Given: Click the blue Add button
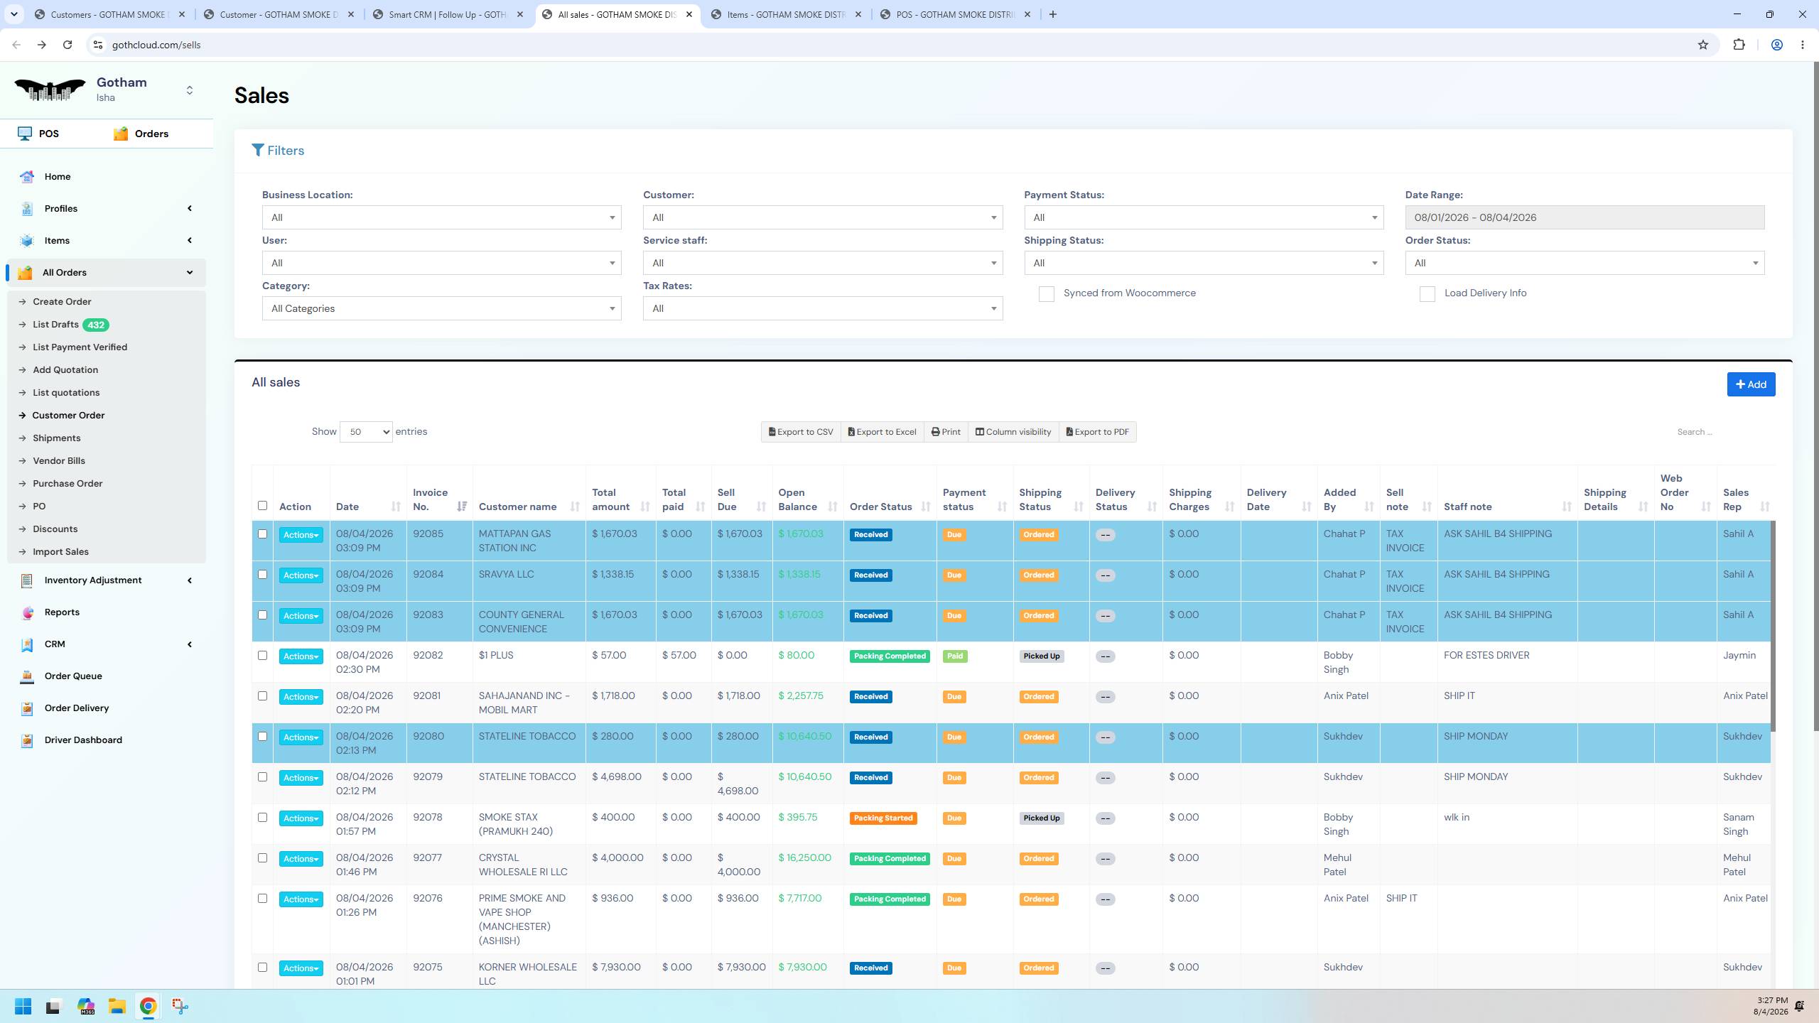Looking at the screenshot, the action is coord(1751,384).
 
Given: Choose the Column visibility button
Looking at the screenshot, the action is coord(1013,432).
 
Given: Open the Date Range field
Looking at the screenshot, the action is coord(1584,217).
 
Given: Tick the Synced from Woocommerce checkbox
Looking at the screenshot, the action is coord(1046,294).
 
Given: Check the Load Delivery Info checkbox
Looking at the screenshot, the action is coord(1427,294).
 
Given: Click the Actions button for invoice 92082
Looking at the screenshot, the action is coord(301,656).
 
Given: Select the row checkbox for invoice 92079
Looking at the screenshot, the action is coord(262,777).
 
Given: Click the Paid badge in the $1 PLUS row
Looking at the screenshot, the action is coord(954,656).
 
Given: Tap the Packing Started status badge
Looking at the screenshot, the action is coord(882,818).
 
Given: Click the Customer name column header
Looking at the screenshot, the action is coord(517,507).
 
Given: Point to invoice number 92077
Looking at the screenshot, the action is coord(428,857).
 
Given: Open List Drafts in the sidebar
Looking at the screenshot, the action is coord(55,325).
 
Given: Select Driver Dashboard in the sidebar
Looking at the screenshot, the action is coord(83,740).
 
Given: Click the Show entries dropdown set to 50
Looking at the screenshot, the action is coord(366,432).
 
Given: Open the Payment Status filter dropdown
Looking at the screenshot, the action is coord(1204,217).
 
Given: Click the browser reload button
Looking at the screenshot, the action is coord(68,45).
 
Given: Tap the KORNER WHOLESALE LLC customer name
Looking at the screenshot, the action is coord(527,974).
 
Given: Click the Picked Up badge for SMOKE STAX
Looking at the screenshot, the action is coord(1041,818).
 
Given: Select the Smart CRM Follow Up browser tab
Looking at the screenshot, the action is coord(446,14).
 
